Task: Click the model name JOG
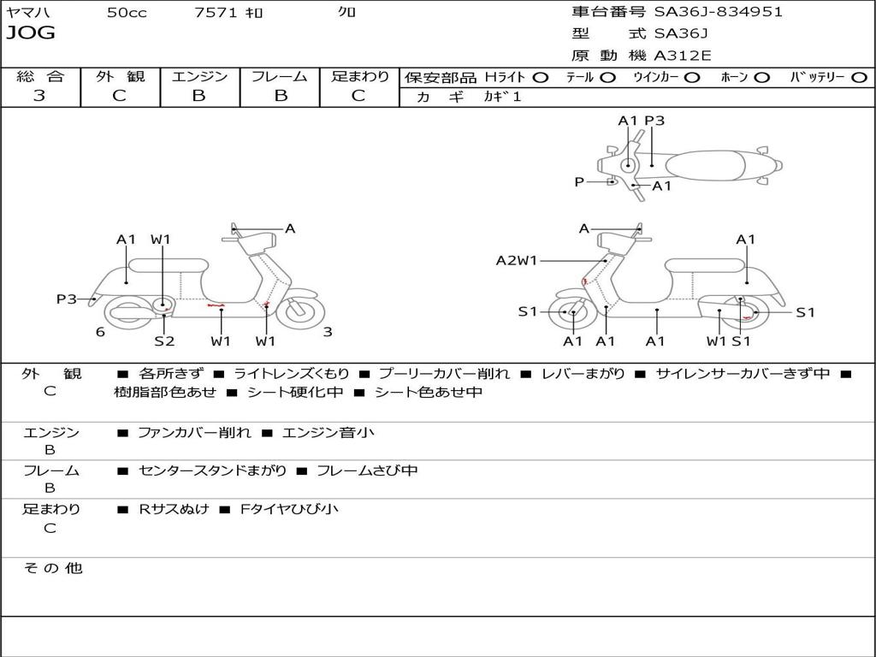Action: tap(31, 33)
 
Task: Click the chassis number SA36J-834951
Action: tap(719, 12)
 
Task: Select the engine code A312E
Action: tap(683, 56)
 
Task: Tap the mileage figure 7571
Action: tap(216, 12)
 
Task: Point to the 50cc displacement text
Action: tap(127, 12)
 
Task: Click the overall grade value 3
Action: tap(39, 96)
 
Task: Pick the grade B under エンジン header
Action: tap(198, 96)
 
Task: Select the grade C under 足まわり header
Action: tap(358, 96)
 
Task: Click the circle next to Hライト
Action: tap(541, 78)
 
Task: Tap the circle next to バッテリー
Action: tap(859, 78)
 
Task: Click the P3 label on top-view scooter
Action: tap(654, 121)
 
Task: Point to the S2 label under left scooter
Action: tap(164, 340)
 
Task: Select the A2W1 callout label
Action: tap(517, 260)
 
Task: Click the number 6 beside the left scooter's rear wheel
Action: tap(100, 332)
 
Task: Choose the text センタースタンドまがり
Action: tap(213, 471)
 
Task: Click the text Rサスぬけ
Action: tap(175, 509)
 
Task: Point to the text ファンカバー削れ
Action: tap(194, 432)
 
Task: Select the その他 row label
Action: tap(52, 568)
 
